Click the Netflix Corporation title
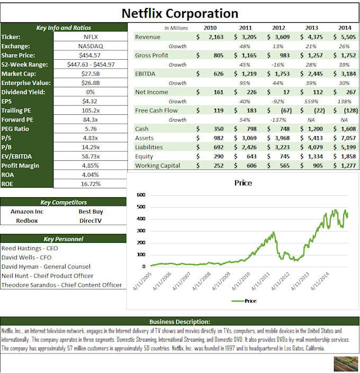(180, 13)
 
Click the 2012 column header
(279, 28)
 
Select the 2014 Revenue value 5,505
(346, 37)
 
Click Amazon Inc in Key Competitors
(27, 211)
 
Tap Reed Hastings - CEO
(30, 248)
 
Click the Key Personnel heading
(64, 239)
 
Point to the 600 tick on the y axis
(140, 195)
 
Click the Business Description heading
(179, 321)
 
